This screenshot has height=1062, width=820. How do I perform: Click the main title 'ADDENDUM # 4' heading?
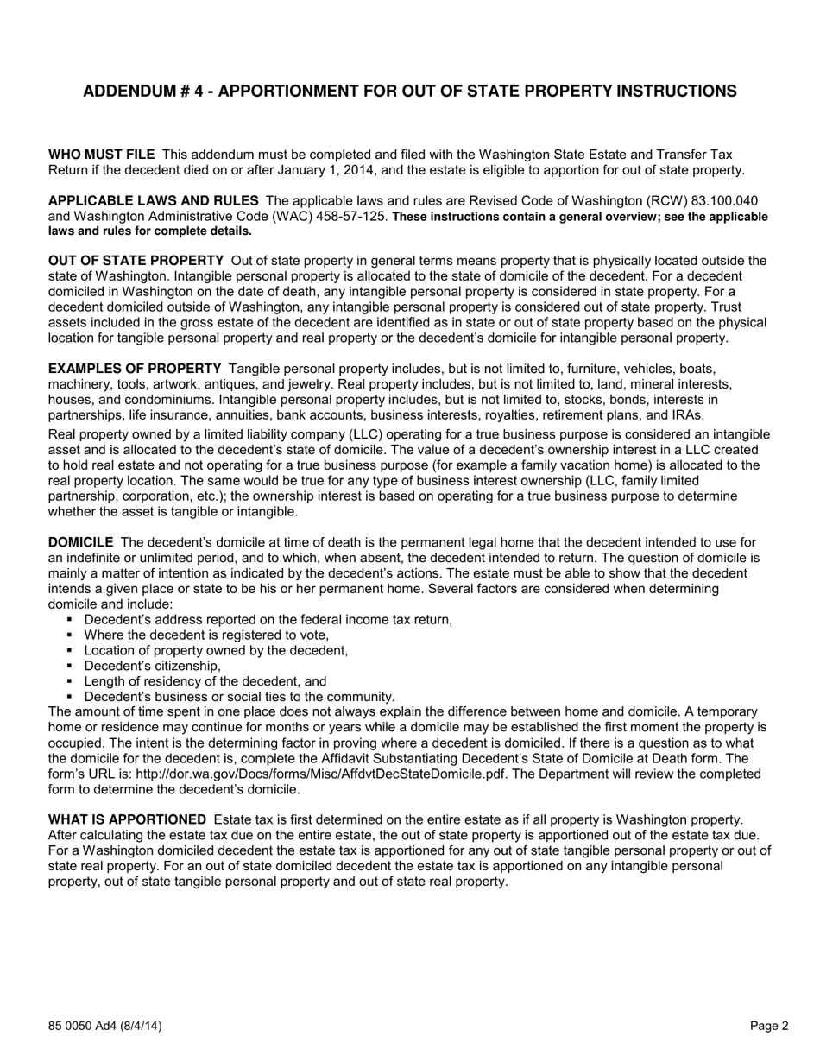tap(409, 92)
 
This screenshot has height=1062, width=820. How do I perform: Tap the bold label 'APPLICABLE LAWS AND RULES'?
tap(153, 201)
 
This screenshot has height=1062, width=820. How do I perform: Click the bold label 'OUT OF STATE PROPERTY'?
tap(136, 261)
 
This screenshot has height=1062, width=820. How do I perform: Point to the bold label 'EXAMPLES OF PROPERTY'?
tap(135, 369)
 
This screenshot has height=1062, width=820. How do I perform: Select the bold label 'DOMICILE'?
tap(80, 542)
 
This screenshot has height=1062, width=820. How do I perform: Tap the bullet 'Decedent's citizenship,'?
tap(153, 666)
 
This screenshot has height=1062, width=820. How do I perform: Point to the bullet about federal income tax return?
tap(268, 619)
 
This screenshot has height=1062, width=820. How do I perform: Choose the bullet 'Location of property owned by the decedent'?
tap(216, 650)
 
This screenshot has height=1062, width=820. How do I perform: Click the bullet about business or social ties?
tap(239, 697)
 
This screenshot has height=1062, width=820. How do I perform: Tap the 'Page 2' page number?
tap(768, 1027)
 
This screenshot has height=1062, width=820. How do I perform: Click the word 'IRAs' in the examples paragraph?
tap(686, 415)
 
